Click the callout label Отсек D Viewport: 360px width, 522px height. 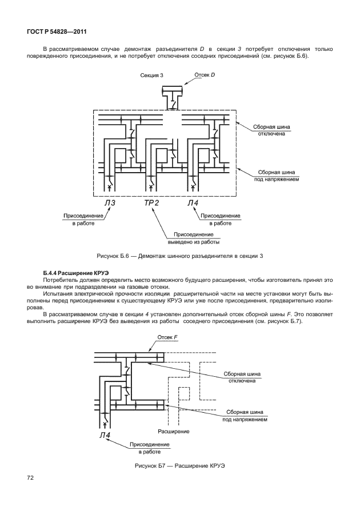tap(205, 75)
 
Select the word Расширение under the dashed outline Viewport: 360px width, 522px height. tap(173, 431)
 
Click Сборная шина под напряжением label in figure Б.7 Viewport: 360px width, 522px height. tap(245, 415)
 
